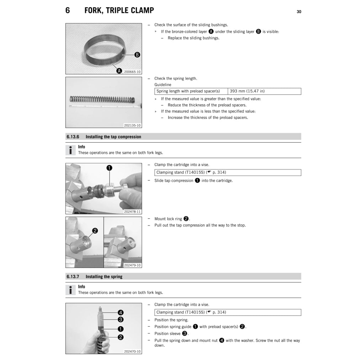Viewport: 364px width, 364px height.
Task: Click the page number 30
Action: [x=299, y=12]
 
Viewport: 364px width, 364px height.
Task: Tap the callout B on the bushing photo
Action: [x=137, y=55]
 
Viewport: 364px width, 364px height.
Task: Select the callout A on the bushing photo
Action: [x=120, y=71]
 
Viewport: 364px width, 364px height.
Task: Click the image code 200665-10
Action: [x=132, y=71]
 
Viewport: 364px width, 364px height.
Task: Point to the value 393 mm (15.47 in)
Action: [x=247, y=91]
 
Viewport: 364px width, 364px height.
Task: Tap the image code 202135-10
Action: [x=132, y=125]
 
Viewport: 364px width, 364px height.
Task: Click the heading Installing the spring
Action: [x=104, y=277]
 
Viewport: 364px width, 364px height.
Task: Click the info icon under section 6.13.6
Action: [x=71, y=150]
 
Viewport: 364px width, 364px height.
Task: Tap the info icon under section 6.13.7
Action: [x=71, y=290]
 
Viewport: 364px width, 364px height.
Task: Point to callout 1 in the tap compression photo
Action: [x=109, y=168]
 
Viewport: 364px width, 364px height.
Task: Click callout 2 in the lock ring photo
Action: [x=95, y=231]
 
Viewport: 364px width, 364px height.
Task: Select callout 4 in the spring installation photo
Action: [x=121, y=312]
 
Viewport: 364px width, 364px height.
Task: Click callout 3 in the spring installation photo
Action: [x=121, y=319]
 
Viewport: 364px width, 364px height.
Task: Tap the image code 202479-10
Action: [x=132, y=265]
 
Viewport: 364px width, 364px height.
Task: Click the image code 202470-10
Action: [x=132, y=351]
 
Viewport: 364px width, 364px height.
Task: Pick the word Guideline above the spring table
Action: [x=162, y=85]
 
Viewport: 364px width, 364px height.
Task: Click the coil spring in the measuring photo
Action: [x=103, y=100]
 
